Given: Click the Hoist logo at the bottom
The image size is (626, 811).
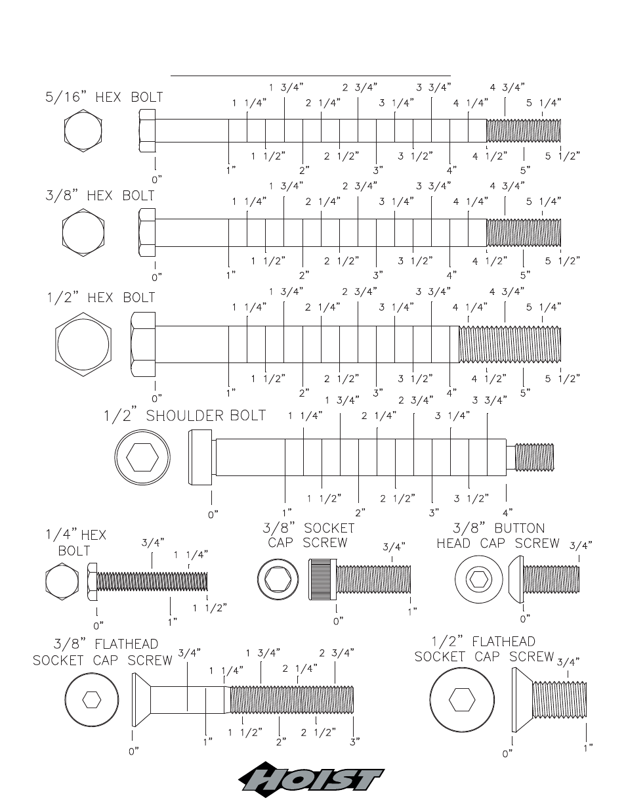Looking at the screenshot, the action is coord(311,779).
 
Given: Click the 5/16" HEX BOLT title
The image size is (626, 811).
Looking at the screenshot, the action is coord(104,97).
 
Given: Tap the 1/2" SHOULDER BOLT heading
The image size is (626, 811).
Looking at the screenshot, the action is coord(184,416).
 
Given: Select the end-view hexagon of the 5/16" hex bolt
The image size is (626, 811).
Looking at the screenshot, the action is coord(83,131).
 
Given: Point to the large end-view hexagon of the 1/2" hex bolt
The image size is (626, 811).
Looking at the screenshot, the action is coord(83,344).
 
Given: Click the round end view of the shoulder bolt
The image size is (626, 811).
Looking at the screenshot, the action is coord(142,457).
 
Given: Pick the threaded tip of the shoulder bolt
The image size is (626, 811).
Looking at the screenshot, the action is coord(534,457).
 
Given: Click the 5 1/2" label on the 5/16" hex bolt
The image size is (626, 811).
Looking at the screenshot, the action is coord(562,156).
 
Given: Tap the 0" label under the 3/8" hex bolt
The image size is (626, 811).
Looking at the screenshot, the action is coord(157,278).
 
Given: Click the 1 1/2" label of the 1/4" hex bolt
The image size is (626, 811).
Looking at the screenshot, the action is coord(209,608).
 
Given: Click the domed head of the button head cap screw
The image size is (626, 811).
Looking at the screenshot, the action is coord(516,579).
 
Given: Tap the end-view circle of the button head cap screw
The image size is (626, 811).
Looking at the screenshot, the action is coord(479,579).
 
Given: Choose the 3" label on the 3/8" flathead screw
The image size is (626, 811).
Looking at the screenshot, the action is coord(354,741).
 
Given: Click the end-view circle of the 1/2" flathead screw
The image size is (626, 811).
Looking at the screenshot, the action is coord(462,700).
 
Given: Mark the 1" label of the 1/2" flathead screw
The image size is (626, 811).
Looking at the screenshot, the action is coord(588,748).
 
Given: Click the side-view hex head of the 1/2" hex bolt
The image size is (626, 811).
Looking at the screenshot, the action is coord(143,344).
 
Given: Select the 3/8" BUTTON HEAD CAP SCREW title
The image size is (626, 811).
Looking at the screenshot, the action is coord(498,536).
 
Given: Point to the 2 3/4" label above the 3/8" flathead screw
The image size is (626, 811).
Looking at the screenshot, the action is coord(337,653).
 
